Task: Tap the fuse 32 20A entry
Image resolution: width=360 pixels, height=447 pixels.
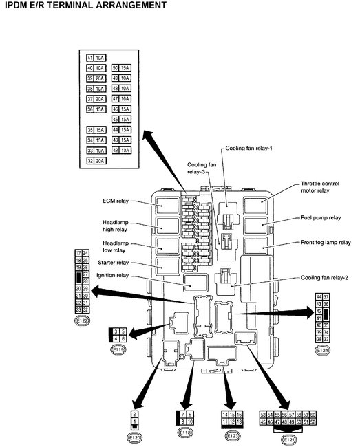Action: coord(95,160)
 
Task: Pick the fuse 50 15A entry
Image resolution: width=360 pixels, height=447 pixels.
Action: coord(120,67)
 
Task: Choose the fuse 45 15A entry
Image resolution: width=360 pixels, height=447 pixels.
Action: coord(120,119)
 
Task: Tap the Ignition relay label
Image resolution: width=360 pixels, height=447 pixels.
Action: coord(113,276)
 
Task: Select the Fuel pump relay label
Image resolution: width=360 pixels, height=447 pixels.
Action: coord(321,217)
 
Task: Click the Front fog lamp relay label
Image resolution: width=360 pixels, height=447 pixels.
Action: coord(325,243)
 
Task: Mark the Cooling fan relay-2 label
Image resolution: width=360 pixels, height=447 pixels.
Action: coord(326,277)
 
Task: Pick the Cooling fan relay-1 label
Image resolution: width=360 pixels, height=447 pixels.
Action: coord(248,148)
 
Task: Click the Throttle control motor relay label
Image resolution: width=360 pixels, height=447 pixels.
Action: coord(325,188)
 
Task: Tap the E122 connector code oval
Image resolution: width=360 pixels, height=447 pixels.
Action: coord(82,320)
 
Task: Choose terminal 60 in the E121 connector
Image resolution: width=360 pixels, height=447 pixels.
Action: coord(313,415)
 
